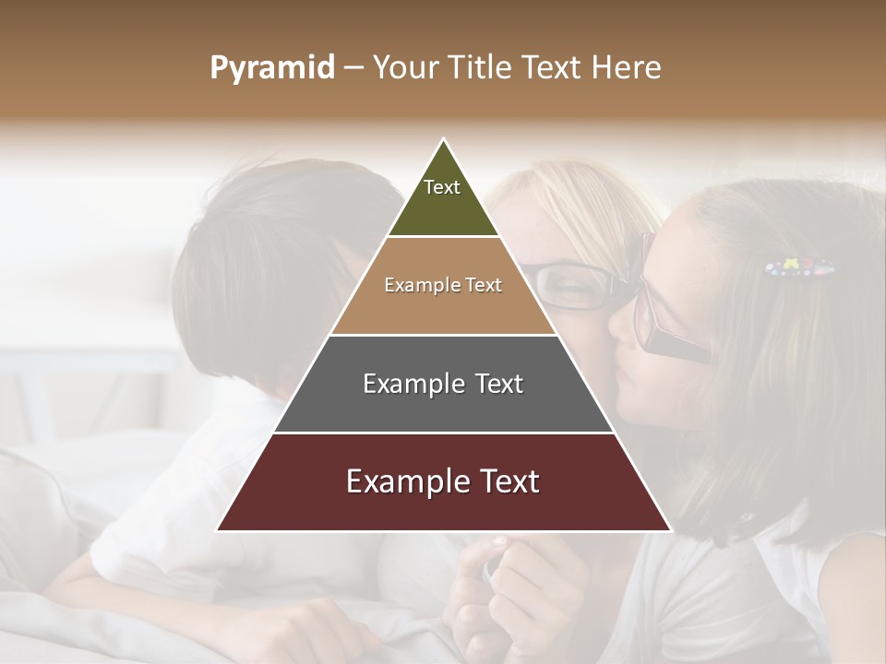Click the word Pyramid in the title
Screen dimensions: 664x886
[271, 68]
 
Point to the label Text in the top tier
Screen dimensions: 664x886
[442, 187]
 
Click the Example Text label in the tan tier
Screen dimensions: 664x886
[443, 285]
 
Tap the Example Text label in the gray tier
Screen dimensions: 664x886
[443, 384]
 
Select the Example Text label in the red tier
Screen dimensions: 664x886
[443, 481]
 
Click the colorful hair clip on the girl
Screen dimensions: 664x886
[799, 267]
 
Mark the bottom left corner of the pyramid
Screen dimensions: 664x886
[218, 530]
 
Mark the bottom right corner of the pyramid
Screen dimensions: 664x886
[670, 530]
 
